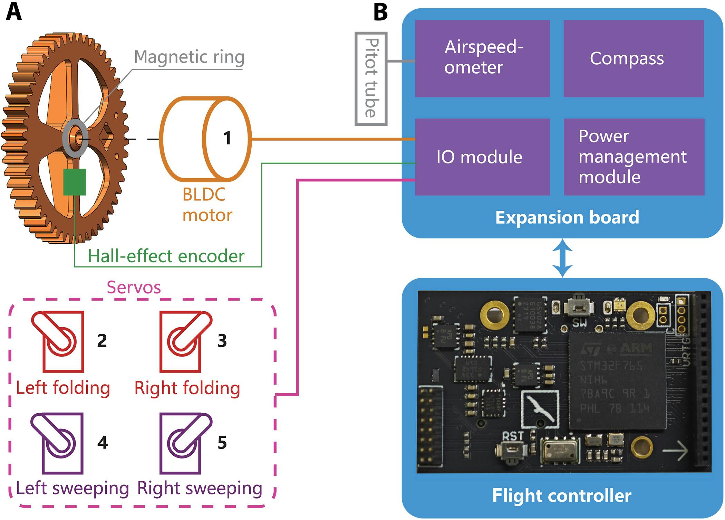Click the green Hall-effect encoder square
point(75,182)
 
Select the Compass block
point(633,58)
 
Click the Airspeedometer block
point(482,58)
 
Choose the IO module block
point(482,157)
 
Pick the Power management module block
point(634,157)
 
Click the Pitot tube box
point(371,79)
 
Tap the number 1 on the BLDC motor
point(227,138)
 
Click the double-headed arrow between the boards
point(562,258)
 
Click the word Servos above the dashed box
point(134,287)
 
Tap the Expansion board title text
point(567,217)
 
